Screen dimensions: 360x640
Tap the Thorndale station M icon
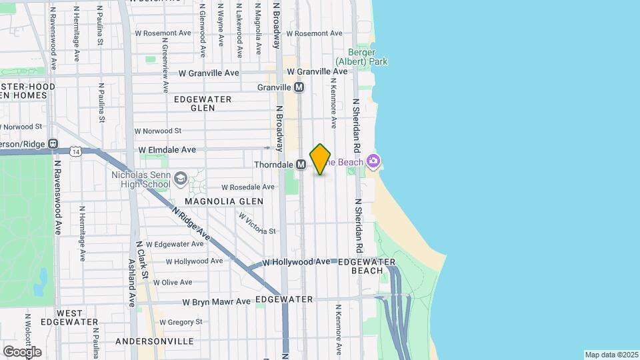coord(301,164)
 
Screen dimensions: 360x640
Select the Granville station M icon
coord(299,87)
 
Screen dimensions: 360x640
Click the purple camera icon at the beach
coord(373,161)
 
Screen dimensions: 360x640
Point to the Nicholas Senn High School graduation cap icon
coord(181,178)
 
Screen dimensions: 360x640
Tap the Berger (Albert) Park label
coord(367,57)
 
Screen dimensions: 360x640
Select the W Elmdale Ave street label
coord(167,150)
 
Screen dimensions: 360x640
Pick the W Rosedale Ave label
coord(248,187)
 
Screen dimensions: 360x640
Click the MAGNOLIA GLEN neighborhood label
coord(225,201)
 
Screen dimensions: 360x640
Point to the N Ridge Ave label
coord(191,224)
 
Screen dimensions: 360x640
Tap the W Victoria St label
coord(257,224)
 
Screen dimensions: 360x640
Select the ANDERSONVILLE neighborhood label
coord(155,341)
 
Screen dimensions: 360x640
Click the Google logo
coord(22,352)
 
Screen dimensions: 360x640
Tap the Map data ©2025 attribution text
coord(611,355)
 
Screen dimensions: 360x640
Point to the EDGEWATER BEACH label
coord(367,266)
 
